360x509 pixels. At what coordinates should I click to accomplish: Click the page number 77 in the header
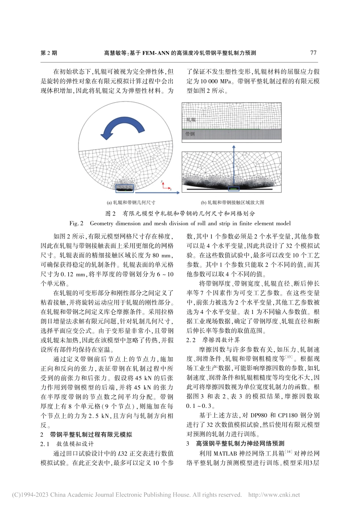313,53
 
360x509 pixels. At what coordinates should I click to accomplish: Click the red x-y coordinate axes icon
165,186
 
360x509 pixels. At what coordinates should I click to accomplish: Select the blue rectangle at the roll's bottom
125,187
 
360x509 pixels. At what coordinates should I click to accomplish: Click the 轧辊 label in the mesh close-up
191,120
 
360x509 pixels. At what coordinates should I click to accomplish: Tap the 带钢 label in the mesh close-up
190,134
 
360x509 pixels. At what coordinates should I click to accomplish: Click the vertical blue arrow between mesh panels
233,167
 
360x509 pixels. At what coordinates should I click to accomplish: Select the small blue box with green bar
234,188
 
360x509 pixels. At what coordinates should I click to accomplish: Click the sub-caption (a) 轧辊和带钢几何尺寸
131,203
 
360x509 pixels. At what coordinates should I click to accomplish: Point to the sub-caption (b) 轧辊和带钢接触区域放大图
232,203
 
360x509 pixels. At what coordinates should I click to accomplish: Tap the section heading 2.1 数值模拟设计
67,444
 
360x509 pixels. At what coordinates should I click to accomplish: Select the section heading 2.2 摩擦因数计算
213,340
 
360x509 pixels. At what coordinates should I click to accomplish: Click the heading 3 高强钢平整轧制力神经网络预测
235,443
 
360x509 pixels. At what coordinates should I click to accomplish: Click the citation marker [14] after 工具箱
289,452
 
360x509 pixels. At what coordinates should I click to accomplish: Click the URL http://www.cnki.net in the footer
274,495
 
